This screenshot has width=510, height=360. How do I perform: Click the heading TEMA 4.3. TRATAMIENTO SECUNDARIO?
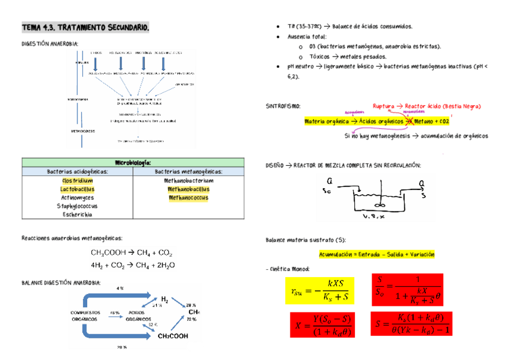[x=85, y=28]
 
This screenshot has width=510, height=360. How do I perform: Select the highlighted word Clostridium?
[x=78, y=180]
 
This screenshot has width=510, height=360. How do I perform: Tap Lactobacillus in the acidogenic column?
[x=78, y=189]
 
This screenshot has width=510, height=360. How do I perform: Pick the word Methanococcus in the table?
[x=188, y=198]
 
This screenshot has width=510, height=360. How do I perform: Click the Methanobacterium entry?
[x=188, y=180]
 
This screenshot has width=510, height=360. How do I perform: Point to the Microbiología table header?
[x=133, y=162]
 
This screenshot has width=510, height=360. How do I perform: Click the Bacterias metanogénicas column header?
[x=188, y=171]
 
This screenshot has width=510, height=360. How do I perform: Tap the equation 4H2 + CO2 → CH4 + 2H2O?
[x=133, y=264]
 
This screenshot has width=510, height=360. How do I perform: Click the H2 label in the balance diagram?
[x=164, y=299]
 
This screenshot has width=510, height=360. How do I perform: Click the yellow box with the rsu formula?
[x=319, y=291]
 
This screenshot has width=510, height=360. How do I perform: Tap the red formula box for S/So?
[x=407, y=290]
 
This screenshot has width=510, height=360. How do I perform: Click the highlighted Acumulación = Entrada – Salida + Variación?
[x=376, y=254]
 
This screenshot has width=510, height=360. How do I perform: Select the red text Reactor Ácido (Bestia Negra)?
[x=443, y=106]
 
